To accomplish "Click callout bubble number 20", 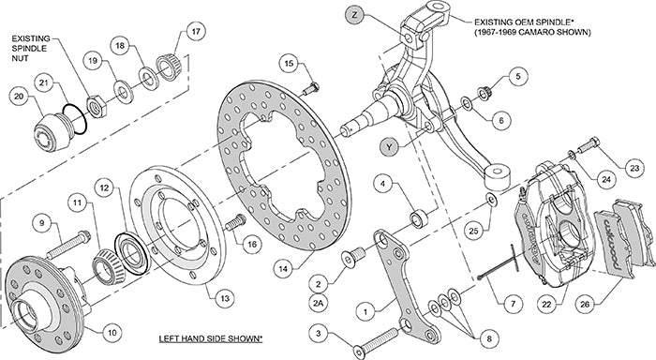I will [20, 96].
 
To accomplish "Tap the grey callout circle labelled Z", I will [352, 15].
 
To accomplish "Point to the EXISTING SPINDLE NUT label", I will [38, 46].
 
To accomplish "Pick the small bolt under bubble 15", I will [313, 85].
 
